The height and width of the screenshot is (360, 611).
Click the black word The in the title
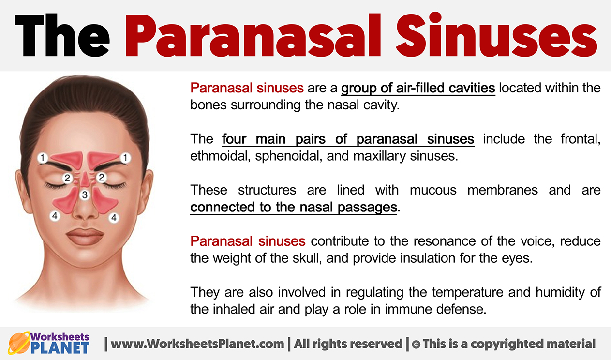(62, 35)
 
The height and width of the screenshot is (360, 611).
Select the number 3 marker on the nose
(85, 195)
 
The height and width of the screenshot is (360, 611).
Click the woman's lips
(85, 236)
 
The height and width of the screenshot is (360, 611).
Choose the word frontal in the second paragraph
(581, 139)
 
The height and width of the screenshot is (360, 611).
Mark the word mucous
(433, 190)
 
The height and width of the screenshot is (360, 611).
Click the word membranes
(503, 190)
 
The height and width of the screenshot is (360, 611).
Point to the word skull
(307, 258)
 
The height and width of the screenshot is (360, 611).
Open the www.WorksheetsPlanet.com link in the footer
(197, 344)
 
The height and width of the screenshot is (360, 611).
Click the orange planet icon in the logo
(19, 343)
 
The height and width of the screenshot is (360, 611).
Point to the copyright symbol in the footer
(416, 344)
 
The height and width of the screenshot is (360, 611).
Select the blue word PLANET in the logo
(60, 348)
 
